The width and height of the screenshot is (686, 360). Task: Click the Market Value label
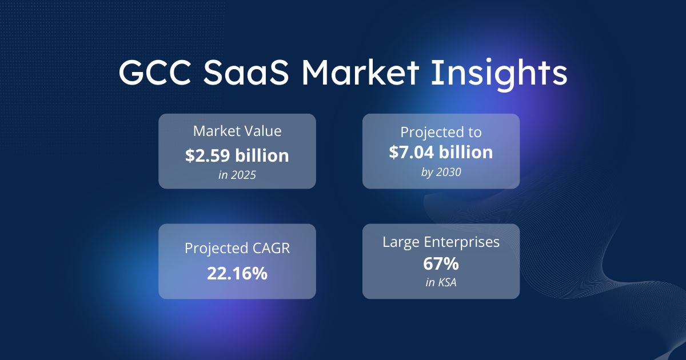coord(237,131)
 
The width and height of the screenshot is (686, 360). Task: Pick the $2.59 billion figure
coord(237,155)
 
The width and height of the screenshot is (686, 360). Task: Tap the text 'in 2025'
coord(237,175)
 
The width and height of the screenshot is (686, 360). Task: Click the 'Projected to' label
coord(441,132)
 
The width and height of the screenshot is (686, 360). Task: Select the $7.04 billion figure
coord(441,152)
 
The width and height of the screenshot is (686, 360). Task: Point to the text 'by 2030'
coord(441,171)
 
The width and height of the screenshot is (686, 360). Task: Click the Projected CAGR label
coord(237,249)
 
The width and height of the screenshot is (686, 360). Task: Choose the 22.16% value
coord(237,273)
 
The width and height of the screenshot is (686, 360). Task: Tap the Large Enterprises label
coord(441,242)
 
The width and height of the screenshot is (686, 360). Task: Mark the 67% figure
coord(441,265)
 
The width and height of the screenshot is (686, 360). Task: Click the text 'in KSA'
coord(441,284)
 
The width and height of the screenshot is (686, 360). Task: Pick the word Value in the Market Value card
coord(262,131)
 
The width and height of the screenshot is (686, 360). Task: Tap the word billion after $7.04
coord(465,152)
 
